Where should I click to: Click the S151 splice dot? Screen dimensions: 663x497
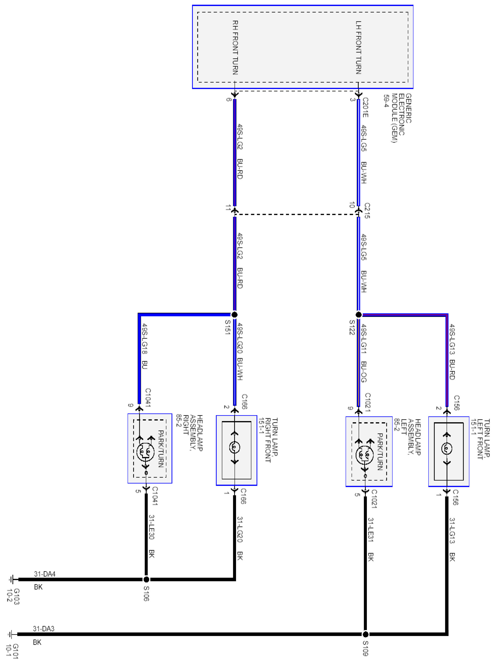pos(234,314)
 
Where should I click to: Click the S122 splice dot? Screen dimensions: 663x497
pos(358,315)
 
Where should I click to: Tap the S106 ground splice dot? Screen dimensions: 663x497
pos(146,579)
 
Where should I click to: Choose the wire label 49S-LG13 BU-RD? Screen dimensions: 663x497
pos(452,352)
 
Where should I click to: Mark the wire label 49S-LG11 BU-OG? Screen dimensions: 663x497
pos(363,353)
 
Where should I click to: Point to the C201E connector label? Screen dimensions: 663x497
pos(365,107)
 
